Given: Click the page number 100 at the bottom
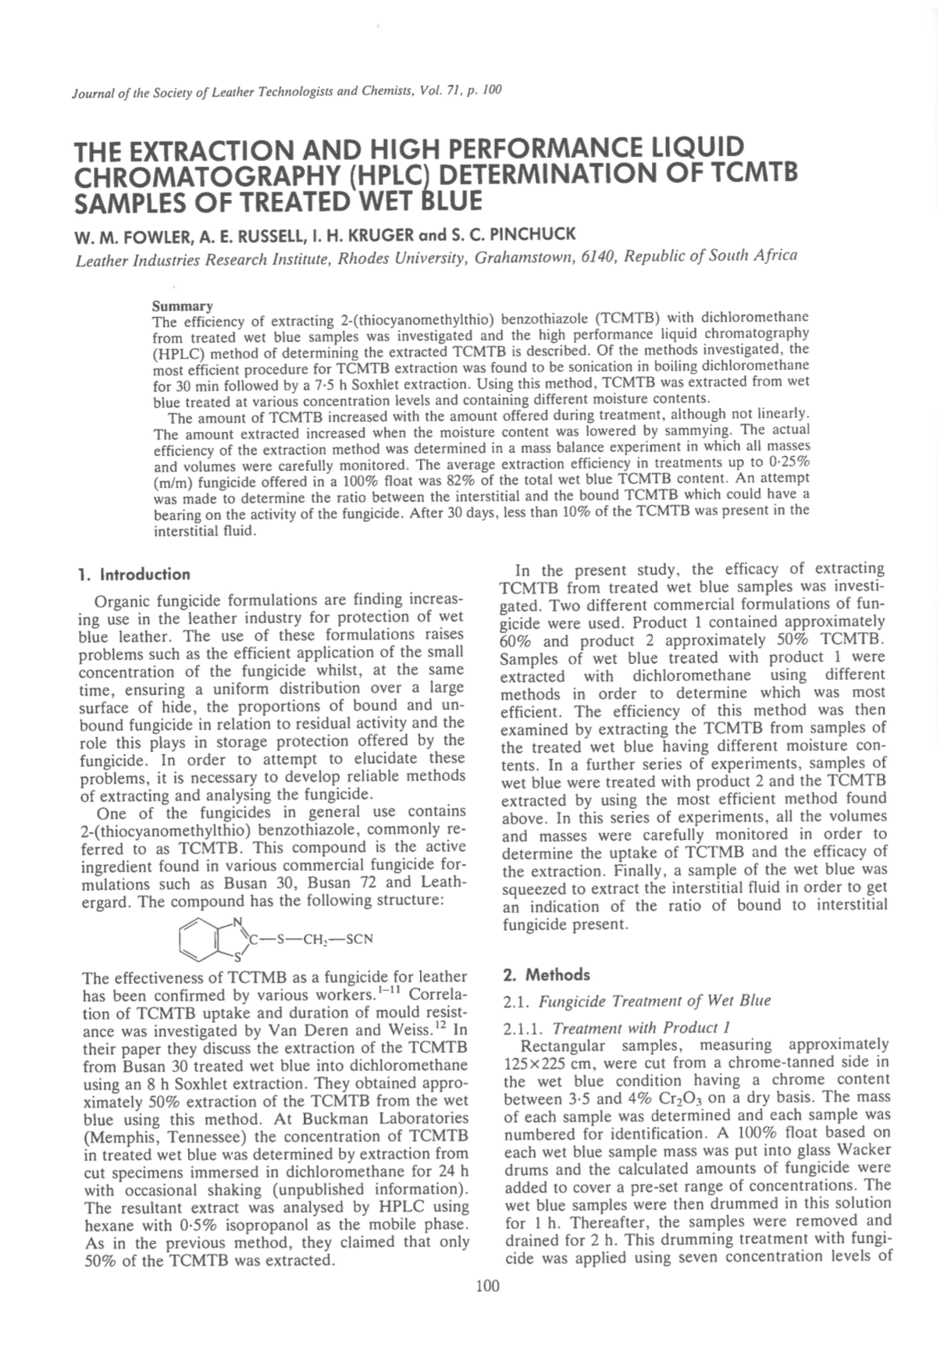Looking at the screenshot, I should tap(486, 1285).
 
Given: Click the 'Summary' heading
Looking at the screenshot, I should tap(182, 305).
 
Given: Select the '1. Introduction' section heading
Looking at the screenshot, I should tap(134, 575).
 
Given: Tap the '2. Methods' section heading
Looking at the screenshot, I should tap(547, 975).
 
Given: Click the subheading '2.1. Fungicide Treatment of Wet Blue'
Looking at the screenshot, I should tap(637, 1001).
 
